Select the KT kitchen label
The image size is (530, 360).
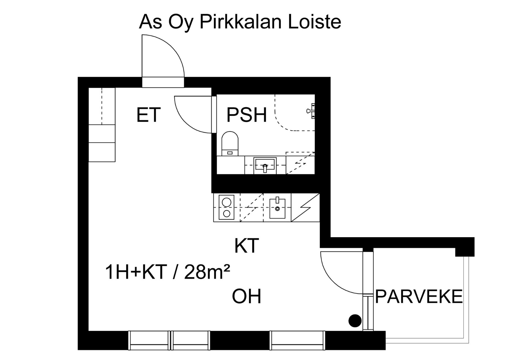[247, 246]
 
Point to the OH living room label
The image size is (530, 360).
[247, 296]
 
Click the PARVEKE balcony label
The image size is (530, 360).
[418, 297]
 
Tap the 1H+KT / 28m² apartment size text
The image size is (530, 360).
[168, 272]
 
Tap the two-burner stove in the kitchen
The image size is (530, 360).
[226, 208]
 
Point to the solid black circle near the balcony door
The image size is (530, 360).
[355, 321]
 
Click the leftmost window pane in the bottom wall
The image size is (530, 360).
[149, 340]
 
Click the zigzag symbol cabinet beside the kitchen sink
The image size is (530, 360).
[305, 208]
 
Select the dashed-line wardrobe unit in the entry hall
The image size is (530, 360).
[102, 106]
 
